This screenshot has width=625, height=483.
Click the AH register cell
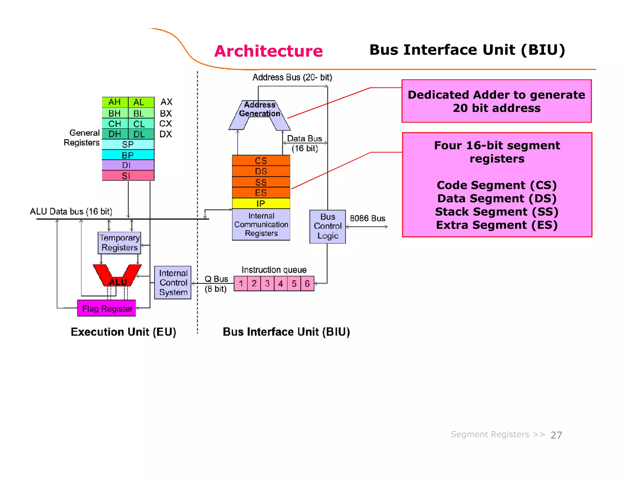pos(115,102)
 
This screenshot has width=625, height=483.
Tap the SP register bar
pos(128,144)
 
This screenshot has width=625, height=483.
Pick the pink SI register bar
pos(128,176)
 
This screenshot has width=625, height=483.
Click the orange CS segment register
pos(261,161)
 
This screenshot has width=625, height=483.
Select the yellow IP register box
pos(261,203)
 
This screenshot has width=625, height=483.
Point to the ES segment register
pos(261,193)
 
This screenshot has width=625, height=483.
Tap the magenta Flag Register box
pos(107,308)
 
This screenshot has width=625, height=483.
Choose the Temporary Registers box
pos(119,243)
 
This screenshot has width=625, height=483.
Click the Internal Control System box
pos(173,283)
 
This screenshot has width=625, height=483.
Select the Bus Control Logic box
pos(327,227)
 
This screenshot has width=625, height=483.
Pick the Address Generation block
pos(259,110)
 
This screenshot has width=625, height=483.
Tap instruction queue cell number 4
pos(280,284)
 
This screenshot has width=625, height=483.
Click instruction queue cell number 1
pos(241,284)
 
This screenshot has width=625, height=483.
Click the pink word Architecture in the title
pos(268,51)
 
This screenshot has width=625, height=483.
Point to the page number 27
pos(556,435)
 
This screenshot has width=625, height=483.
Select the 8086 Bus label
pos(367,218)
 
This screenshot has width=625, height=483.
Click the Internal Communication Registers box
pos(261,225)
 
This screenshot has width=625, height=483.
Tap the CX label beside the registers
pos(166,124)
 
